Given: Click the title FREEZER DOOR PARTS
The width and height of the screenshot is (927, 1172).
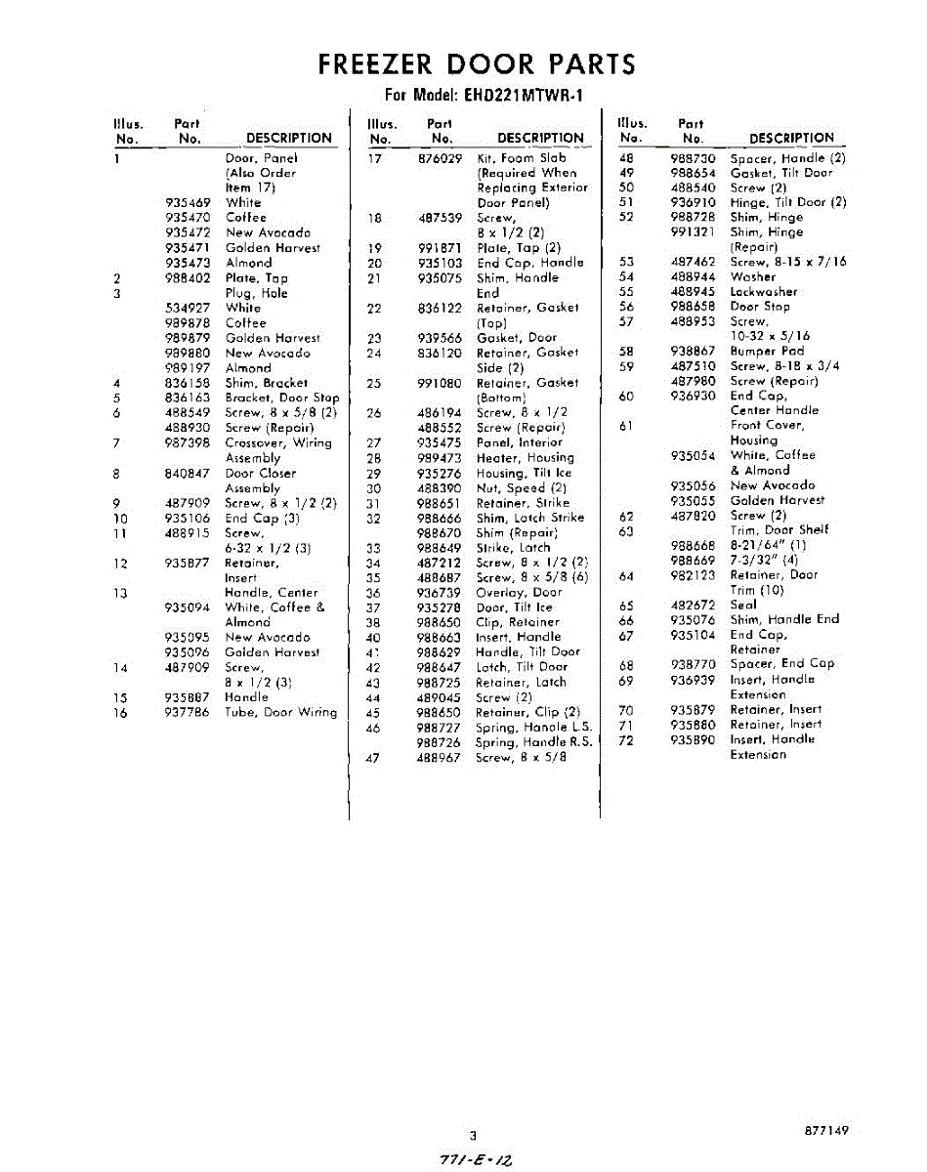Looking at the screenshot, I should (477, 64).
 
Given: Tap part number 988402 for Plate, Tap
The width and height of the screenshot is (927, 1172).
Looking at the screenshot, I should (188, 278).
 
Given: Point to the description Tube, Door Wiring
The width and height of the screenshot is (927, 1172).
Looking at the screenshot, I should (280, 713).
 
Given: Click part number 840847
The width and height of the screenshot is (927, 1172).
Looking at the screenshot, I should (188, 474).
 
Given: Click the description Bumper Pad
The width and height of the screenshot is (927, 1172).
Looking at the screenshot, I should (767, 351).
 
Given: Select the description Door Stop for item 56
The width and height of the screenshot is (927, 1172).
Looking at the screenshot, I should (758, 306).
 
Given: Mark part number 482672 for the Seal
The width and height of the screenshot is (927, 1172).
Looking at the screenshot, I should (694, 605).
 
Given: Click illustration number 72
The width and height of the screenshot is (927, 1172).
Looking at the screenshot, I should (626, 739).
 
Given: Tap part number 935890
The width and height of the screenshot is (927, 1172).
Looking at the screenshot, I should (694, 739).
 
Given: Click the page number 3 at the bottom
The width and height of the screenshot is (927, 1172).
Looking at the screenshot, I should (473, 1135).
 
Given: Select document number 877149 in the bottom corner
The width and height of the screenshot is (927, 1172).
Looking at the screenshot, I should (826, 1130).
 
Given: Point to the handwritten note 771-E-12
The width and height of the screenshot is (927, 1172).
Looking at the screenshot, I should (477, 1157).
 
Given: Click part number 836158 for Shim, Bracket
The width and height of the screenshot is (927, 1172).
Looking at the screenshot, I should (188, 384).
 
